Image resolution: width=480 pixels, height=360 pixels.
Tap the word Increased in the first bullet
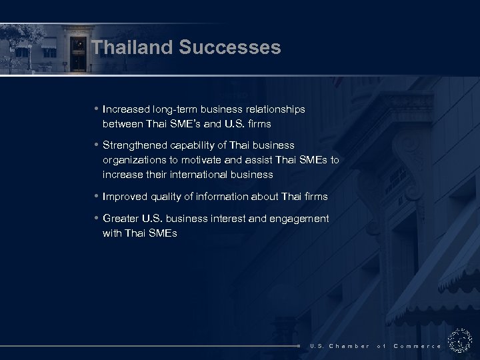pyautogui.click(x=127, y=109)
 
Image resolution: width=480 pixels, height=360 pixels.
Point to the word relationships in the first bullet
pyautogui.click(x=274, y=109)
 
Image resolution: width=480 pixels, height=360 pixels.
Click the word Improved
pyautogui.click(x=125, y=196)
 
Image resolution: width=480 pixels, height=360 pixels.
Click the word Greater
pyautogui.click(x=121, y=218)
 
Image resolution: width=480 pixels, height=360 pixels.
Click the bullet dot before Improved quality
pyautogui.click(x=97, y=196)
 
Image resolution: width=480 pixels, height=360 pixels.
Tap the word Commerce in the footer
pyautogui.click(x=417, y=346)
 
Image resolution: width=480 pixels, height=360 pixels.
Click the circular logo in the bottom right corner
pyautogui.click(x=460, y=341)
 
